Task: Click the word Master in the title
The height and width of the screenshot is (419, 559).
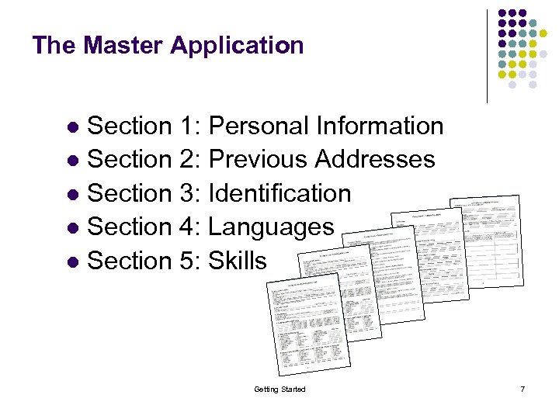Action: (x=123, y=45)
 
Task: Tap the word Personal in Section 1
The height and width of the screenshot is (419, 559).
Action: (x=259, y=125)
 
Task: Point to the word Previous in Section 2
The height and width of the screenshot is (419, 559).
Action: (x=259, y=159)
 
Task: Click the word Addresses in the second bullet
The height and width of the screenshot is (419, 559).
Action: (x=375, y=159)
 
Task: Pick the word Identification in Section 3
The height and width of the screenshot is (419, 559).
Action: (x=280, y=193)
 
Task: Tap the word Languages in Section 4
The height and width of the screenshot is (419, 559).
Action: (x=272, y=227)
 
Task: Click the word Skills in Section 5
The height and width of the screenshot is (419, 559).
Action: (x=238, y=261)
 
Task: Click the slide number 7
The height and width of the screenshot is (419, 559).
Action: (x=523, y=389)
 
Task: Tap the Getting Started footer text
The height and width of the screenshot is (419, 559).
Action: (x=279, y=389)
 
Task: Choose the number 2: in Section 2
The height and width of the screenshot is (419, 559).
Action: (x=190, y=159)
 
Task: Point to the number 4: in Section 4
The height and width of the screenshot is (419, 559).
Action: (x=190, y=227)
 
